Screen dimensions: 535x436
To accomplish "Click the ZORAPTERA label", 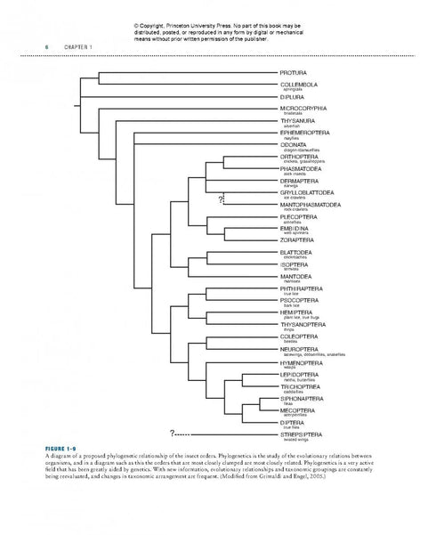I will tap(298, 239).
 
